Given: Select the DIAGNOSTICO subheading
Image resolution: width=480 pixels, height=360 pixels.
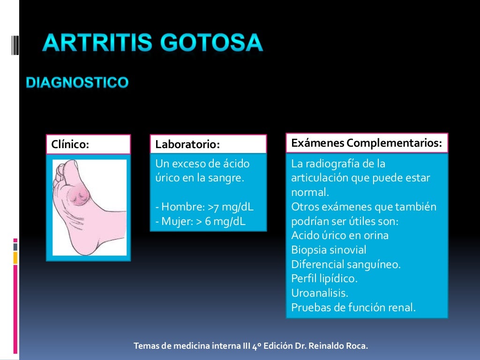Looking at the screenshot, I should [x=77, y=83].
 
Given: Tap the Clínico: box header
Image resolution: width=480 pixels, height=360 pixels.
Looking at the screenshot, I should [x=88, y=144].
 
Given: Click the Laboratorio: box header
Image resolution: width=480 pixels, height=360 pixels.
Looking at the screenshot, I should [x=208, y=144].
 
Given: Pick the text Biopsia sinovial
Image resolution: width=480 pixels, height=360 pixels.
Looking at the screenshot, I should [x=329, y=250].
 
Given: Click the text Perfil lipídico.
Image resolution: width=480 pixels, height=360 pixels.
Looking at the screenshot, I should [x=324, y=278].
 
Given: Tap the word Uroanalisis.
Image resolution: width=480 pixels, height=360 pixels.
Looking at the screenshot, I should [x=320, y=293].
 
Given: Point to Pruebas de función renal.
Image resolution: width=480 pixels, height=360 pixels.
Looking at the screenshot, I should [x=353, y=307].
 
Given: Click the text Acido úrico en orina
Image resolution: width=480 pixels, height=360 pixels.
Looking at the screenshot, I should [x=340, y=235].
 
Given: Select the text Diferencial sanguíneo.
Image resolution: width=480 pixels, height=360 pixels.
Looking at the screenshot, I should [x=346, y=264].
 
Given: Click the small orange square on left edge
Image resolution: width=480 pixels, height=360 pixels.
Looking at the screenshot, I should [x=15, y=257].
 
